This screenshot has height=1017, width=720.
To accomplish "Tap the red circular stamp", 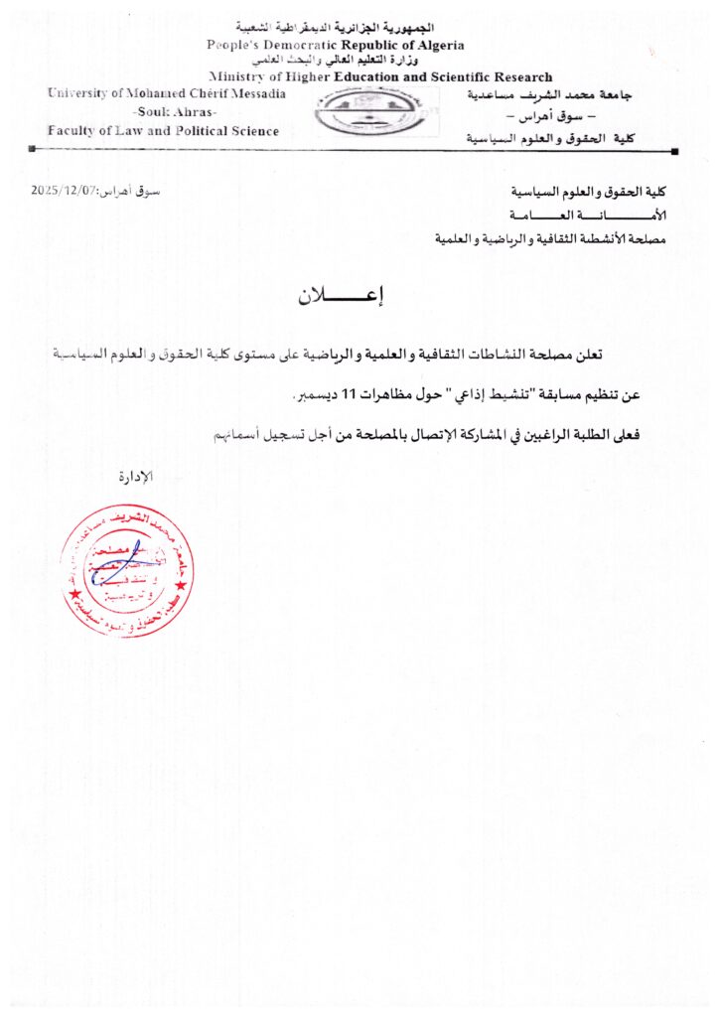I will click(x=126, y=570).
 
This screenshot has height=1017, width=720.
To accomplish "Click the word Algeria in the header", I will click(x=434, y=46).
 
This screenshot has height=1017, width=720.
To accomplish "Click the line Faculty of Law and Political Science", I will click(x=164, y=130).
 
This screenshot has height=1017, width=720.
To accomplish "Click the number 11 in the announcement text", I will click(x=349, y=396).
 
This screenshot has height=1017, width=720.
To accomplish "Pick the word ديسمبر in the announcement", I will click(x=315, y=396).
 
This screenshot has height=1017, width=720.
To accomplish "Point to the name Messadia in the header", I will click(x=253, y=93).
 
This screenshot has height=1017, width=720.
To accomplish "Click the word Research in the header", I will click(x=516, y=76).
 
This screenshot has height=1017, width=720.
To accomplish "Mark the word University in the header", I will click(x=80, y=93).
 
